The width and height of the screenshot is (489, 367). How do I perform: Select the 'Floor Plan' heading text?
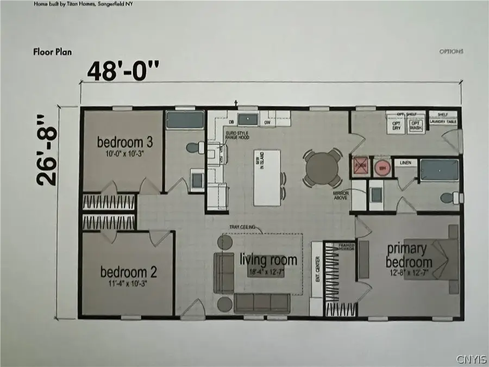(x=52, y=53)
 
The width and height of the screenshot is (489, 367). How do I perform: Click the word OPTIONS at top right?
(x=451, y=52)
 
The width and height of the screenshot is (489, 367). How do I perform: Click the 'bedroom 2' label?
(x=124, y=271)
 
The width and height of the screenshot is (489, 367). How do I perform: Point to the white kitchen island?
(x=267, y=177)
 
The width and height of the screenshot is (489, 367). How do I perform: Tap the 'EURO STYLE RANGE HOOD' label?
(x=237, y=135)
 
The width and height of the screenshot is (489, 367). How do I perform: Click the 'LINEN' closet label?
(x=405, y=163)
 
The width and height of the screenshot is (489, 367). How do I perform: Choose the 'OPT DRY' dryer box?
(x=397, y=125)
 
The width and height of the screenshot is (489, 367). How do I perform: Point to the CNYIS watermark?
(x=471, y=359)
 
